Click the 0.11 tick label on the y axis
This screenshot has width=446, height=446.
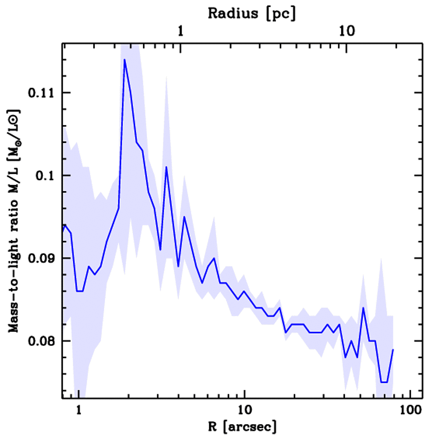[x=40, y=93]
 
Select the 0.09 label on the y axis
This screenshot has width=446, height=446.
[x=40, y=258]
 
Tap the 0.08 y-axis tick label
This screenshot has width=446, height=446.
[x=40, y=341]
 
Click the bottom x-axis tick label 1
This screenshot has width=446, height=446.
[x=78, y=410]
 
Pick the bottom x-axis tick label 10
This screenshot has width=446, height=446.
[x=244, y=410]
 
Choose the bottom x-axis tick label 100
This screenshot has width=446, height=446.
[x=410, y=410]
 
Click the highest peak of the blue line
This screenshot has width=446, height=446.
[x=125, y=60]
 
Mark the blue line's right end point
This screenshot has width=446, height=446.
[x=393, y=349]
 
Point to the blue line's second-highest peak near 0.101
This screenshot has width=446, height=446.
[x=166, y=167]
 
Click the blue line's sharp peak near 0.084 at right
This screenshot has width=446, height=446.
[x=363, y=308]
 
